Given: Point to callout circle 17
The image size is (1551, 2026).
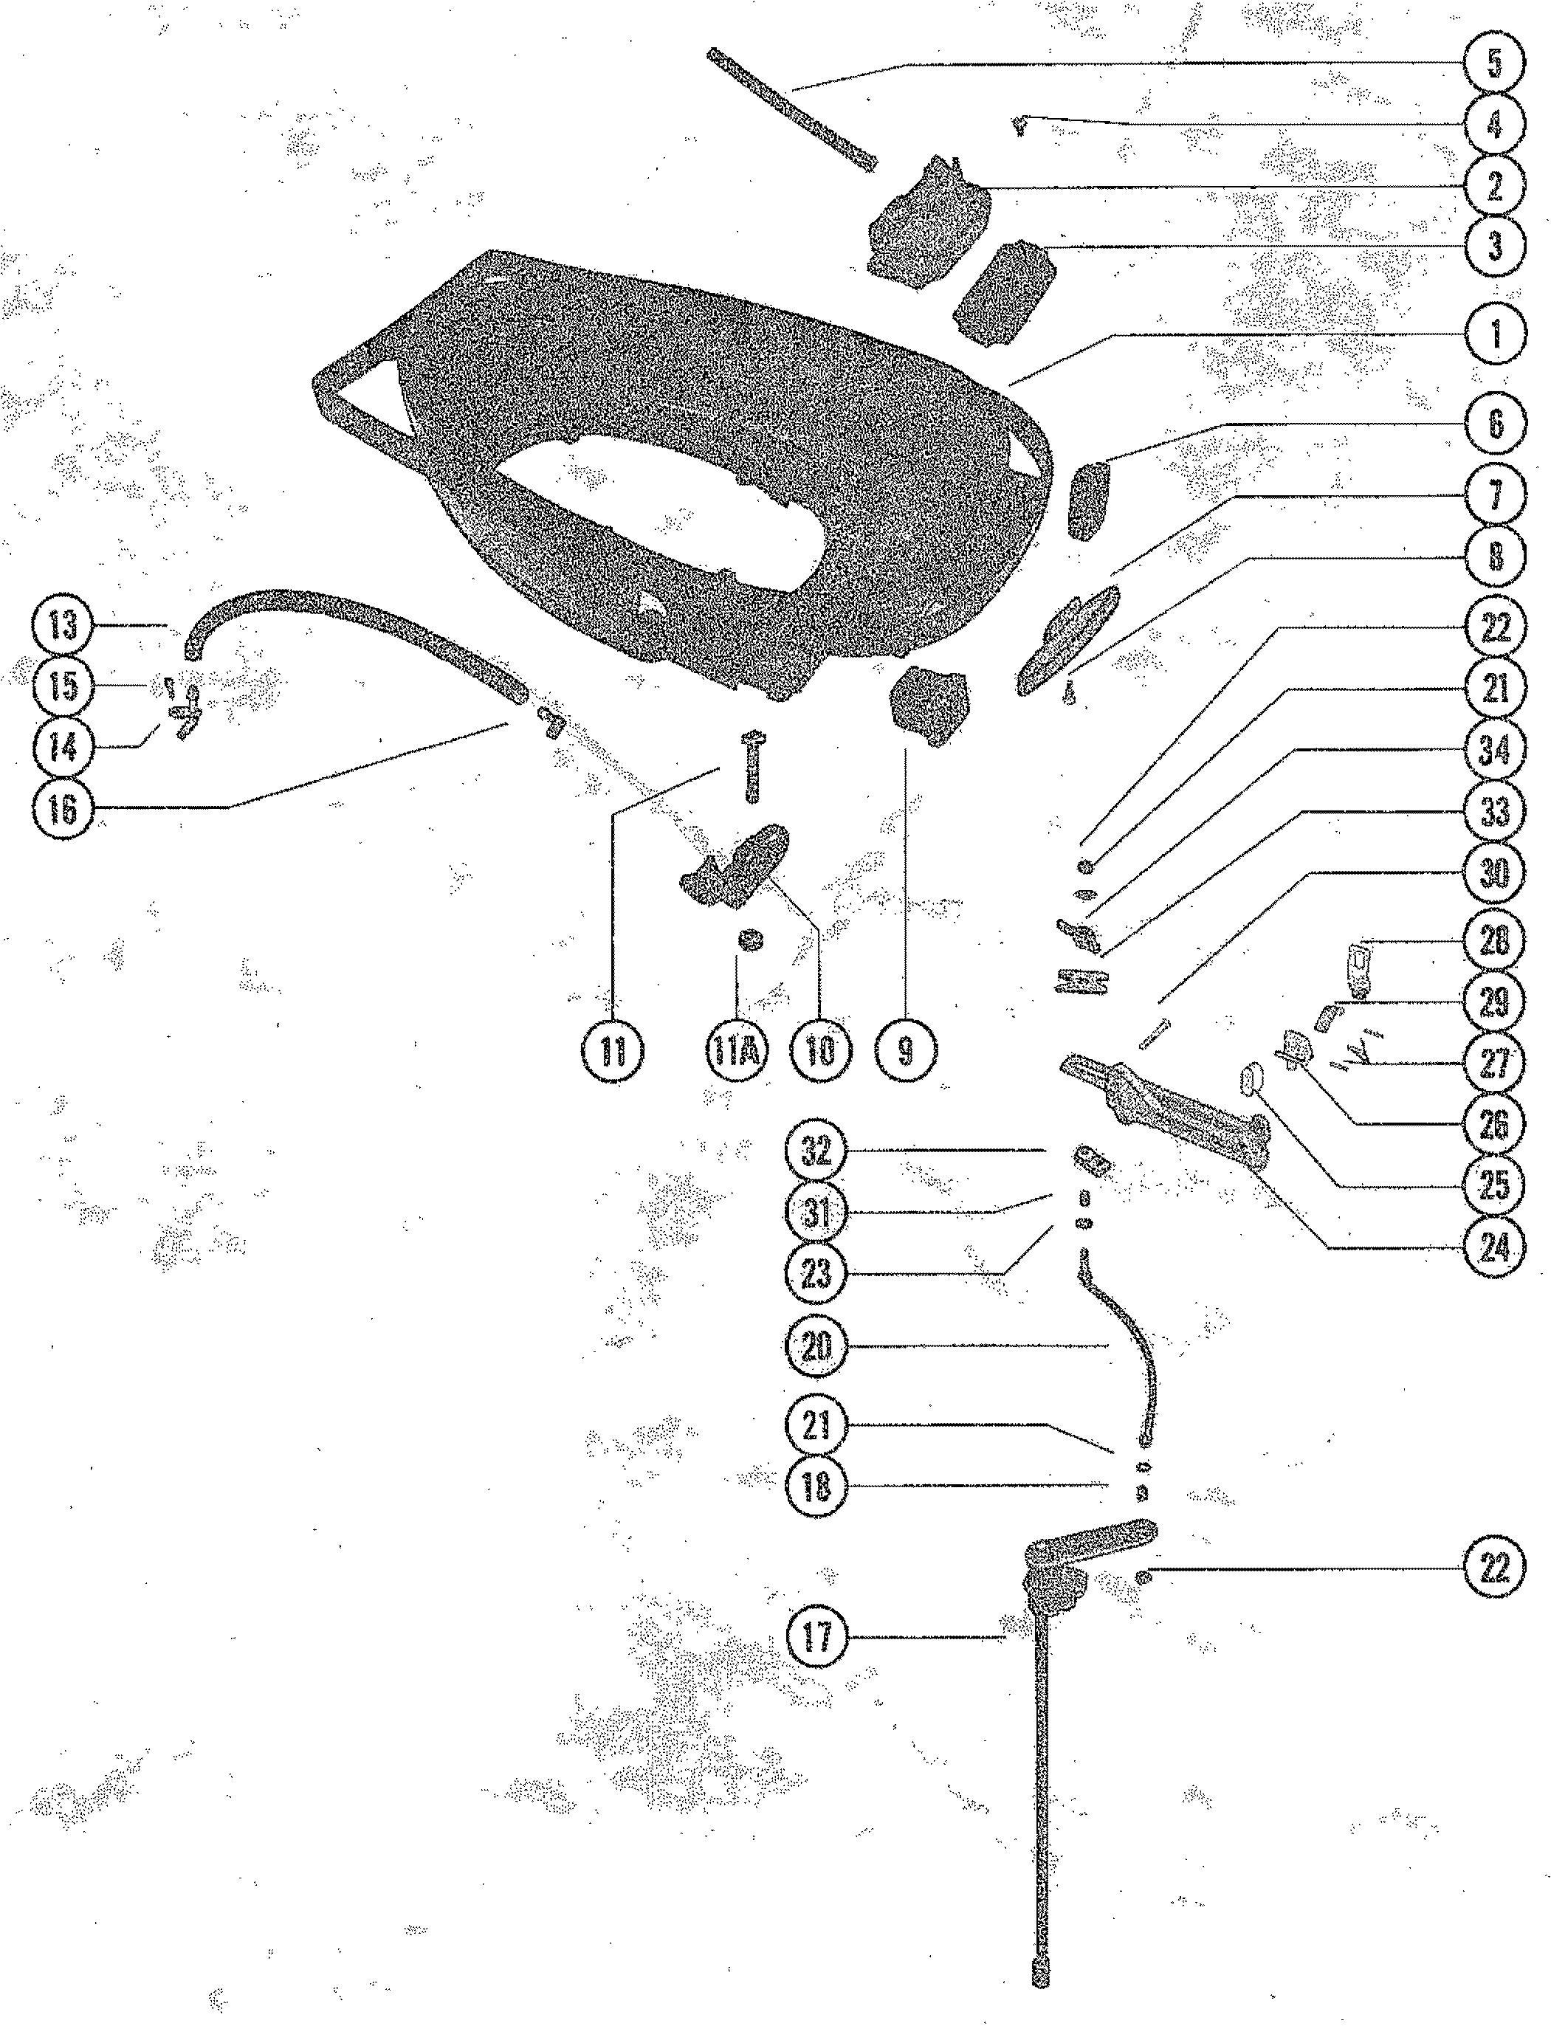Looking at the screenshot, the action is (817, 1638).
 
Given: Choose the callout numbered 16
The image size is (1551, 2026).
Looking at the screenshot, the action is (63, 810).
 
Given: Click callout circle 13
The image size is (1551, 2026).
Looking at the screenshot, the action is (63, 626).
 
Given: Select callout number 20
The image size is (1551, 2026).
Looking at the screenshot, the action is (817, 1347).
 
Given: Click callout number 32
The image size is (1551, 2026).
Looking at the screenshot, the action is (817, 1151).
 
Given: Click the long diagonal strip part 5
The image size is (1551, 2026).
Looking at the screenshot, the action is (791, 110).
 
